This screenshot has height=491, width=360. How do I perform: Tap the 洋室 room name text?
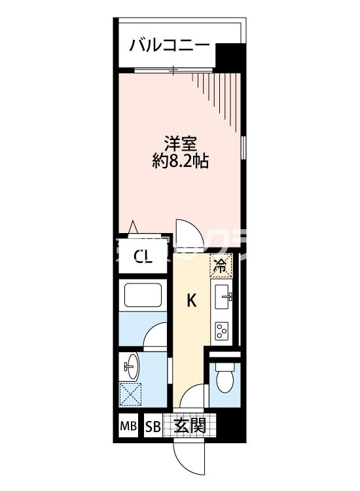pos(181,143)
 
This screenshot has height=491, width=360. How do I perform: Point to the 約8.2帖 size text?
pos(181,161)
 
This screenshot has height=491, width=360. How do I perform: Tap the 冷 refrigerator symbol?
pos(221,265)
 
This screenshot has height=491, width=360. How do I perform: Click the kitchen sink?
pos(223,297)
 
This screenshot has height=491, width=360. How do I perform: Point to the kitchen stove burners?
pos(222,331)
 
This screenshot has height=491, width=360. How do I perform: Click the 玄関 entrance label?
pos(190,426)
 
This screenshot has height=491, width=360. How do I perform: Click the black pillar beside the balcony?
pos(228,55)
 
